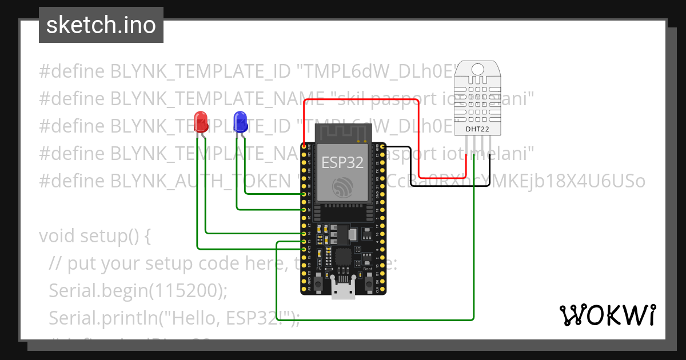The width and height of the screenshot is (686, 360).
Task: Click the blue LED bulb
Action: (x=241, y=121)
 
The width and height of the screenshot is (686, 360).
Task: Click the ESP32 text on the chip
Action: (x=342, y=162)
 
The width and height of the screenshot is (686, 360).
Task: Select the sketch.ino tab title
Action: (x=101, y=25)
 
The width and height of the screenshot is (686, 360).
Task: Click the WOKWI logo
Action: (x=607, y=315)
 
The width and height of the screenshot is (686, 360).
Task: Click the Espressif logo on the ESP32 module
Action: (x=342, y=187)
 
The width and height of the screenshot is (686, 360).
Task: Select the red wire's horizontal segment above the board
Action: (x=360, y=101)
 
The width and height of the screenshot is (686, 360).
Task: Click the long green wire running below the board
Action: (x=372, y=319)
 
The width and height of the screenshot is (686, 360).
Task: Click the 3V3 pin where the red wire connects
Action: (x=304, y=147)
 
